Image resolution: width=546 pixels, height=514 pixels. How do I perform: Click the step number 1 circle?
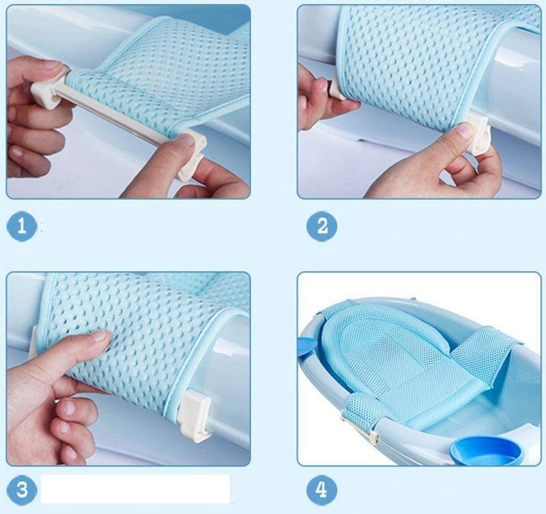(22, 227)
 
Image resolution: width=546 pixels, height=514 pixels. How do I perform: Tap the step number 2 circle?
(321, 227)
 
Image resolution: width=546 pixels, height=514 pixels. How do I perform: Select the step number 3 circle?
(22, 489)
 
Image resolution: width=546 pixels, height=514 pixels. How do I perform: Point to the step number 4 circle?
(321, 489)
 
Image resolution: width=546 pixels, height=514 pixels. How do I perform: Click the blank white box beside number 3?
(135, 489)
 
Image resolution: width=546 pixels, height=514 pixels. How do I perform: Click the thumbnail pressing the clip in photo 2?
(464, 132)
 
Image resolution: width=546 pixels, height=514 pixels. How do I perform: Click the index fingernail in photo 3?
(100, 336)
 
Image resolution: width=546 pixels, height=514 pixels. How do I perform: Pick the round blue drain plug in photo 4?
(487, 451)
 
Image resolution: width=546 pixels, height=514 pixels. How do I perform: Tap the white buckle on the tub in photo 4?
(373, 438)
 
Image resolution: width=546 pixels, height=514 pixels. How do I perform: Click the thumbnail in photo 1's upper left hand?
(53, 64)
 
